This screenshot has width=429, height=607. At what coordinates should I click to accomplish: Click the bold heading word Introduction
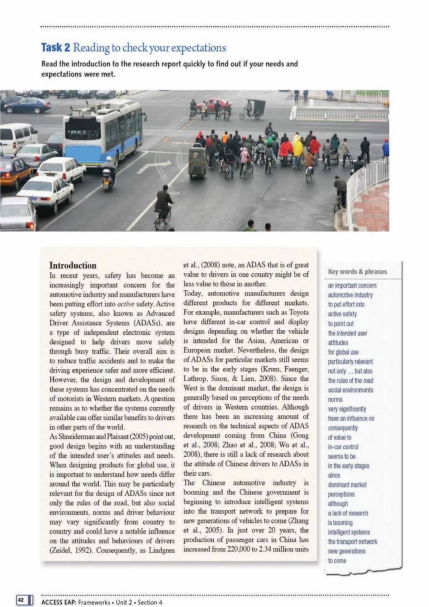coord(73,265)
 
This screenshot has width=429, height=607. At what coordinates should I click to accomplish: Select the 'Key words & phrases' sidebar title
coord(357,272)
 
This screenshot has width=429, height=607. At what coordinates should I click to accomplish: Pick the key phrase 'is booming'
coord(340,523)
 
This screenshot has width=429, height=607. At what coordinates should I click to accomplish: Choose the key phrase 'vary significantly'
coord(347,409)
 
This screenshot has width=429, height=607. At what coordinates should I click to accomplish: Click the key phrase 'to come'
coord(337,560)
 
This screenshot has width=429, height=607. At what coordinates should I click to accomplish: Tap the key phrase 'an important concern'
coord(352,286)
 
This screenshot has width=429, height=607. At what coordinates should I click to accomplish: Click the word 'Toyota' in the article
coord(298,312)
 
